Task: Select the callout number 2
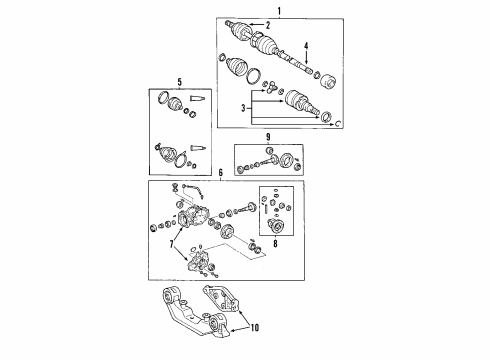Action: coord(282,23)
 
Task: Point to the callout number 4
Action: coord(307,45)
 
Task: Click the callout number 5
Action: coord(179,83)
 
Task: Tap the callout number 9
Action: coord(268,136)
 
